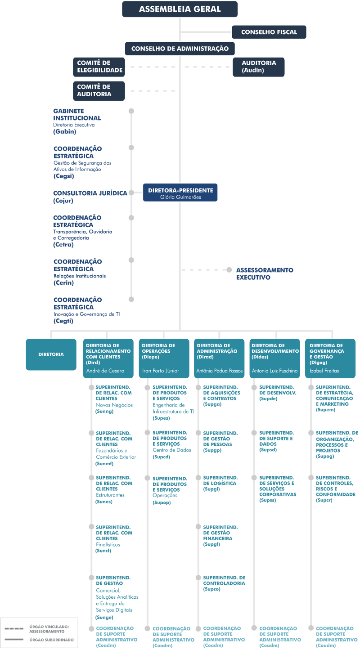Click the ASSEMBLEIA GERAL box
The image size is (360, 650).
tap(180, 9)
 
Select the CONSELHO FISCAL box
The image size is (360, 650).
tap(269, 32)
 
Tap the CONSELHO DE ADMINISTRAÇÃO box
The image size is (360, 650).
tap(180, 49)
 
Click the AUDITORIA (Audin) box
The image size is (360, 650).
tap(258, 67)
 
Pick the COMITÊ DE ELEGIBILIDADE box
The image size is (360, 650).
tap(99, 67)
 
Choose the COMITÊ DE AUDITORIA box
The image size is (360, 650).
tap(99, 91)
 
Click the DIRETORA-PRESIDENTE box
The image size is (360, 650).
tap(180, 193)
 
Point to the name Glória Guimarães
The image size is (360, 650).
tap(180, 197)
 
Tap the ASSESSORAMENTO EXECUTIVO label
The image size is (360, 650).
tap(265, 273)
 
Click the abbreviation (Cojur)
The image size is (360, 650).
tap(63, 201)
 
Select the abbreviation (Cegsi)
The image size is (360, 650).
tap(63, 176)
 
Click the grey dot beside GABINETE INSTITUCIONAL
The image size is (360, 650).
tap(131, 111)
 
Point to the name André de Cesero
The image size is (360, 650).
tap(105, 371)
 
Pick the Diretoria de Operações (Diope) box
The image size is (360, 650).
tap(164, 359)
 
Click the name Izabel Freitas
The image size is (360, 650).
tap(324, 371)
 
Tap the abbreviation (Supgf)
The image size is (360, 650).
tap(211, 544)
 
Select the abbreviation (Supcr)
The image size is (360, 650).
tap(324, 500)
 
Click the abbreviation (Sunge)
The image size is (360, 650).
tap(104, 617)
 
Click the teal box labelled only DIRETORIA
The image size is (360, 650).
tap(51, 354)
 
